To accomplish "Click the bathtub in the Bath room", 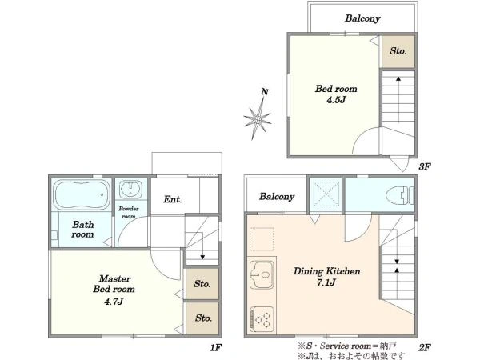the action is point(82,194).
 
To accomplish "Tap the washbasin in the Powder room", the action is point(130,189).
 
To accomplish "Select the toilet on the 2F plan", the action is point(401,196).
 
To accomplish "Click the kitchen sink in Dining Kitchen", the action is point(262,274).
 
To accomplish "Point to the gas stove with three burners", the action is point(262,318).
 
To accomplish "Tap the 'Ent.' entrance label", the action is point(172,199).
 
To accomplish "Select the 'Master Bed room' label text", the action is point(114,284).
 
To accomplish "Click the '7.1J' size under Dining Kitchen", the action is point(326,282).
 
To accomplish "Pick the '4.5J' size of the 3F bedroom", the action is point(336,100).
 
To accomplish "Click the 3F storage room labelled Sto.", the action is point(398,51).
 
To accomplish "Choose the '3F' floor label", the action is point(425,166).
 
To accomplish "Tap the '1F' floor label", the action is point(216,347).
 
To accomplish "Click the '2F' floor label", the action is point(425,347).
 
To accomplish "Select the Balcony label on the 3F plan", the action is point(362,18).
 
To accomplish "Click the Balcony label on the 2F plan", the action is point(277,196).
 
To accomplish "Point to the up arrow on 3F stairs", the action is point(398,99).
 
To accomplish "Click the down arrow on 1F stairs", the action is point(202,246).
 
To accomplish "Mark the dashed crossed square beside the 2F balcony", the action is point(326,194).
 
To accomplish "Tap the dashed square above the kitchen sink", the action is point(262,238).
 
